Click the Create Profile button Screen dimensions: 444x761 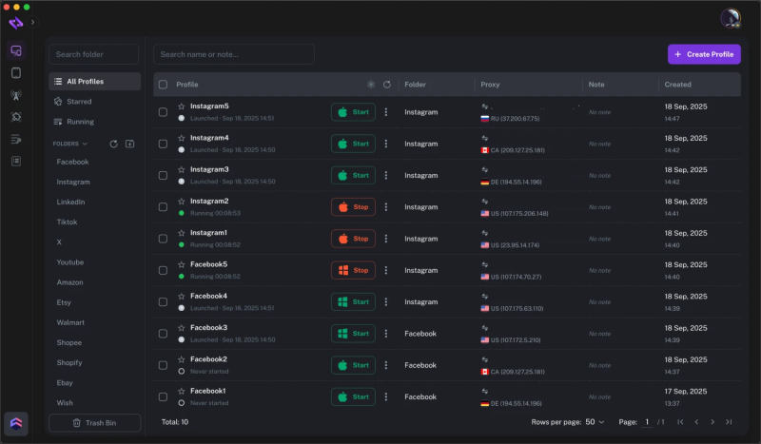point(704,54)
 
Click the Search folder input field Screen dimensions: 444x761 point(94,54)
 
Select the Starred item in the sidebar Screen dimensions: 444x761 point(80,101)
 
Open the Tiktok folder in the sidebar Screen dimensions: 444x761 point(67,222)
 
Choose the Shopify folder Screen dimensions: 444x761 point(69,363)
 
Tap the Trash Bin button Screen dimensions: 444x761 point(94,422)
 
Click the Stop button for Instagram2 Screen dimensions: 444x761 point(353,207)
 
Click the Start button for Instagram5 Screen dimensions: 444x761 point(353,112)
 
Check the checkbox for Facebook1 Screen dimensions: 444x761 point(163,397)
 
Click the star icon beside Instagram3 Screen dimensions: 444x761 point(181,169)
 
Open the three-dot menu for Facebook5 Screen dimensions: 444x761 point(386,270)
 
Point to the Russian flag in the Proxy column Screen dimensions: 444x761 point(485,119)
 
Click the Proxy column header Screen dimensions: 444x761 point(490,85)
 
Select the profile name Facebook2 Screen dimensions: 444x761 point(208,359)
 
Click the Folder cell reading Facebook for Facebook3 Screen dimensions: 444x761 point(420,334)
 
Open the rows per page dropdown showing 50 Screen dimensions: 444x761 point(595,421)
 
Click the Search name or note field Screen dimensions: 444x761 point(234,54)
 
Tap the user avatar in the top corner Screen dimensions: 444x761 point(731,18)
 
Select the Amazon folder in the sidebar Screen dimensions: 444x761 point(70,282)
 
